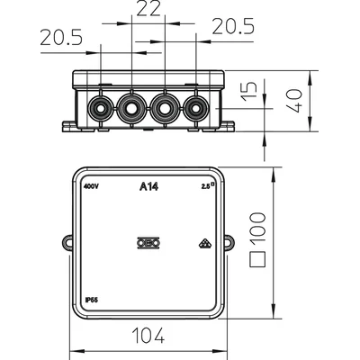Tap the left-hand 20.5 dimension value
point(61,38)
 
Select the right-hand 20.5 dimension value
point(233,26)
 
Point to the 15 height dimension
point(250,91)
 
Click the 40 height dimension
point(294,100)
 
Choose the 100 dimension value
point(257,229)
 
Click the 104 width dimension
point(149,335)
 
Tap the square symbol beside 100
point(257,259)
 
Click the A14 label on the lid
point(149,187)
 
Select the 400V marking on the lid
point(91,186)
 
